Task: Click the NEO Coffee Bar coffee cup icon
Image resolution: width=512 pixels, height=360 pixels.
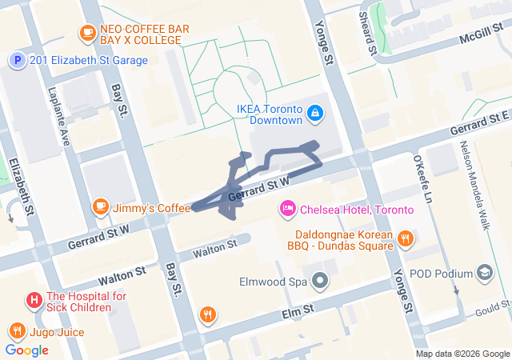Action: (87, 33)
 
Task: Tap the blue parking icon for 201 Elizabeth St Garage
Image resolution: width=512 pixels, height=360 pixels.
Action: (17, 60)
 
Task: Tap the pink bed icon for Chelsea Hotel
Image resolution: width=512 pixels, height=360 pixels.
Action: (287, 210)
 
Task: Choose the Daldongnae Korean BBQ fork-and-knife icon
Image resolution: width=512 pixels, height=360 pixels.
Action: (406, 238)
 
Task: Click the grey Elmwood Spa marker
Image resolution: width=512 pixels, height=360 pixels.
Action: (321, 282)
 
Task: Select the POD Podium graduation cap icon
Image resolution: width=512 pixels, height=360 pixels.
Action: (485, 274)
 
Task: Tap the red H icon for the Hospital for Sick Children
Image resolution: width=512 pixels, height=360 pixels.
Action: (34, 301)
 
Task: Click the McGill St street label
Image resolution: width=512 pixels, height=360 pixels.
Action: (481, 38)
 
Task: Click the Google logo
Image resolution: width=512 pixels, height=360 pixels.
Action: (27, 350)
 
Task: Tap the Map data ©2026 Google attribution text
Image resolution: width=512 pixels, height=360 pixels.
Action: (462, 354)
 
